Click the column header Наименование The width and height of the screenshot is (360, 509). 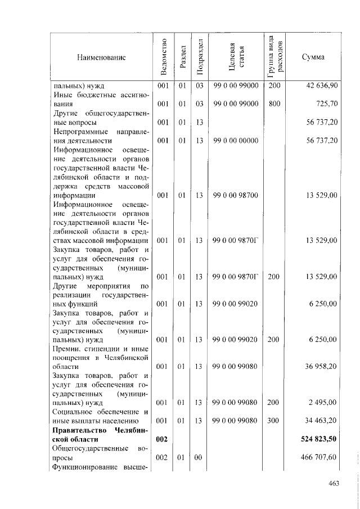coord(102,57)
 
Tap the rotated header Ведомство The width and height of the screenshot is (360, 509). coord(163,57)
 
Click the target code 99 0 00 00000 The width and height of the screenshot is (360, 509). coord(236,141)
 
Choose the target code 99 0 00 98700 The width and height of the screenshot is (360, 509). coord(236,195)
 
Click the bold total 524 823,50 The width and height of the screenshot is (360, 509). coord(318,439)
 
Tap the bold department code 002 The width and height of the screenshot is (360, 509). coord(163,439)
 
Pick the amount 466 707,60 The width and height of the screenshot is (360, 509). coord(319,458)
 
